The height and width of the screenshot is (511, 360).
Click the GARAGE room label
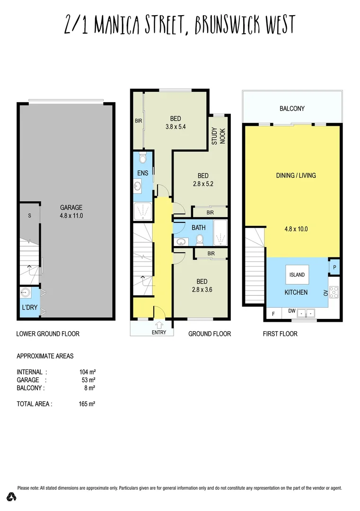point(71,207)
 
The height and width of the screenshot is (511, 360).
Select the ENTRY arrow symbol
point(159,325)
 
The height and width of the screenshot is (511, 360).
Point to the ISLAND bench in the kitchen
point(297,274)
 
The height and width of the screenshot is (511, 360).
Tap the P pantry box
point(334,266)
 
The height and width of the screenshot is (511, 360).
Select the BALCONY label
point(292,109)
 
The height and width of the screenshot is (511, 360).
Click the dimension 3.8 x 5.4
point(176,127)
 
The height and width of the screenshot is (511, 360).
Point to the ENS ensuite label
point(143,173)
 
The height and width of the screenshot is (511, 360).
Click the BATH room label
point(199,228)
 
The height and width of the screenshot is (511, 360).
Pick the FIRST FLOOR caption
point(280,334)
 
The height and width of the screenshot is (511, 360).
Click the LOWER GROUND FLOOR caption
point(48,334)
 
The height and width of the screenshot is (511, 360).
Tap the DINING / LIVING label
point(296,176)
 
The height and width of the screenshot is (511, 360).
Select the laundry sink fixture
point(25,293)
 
